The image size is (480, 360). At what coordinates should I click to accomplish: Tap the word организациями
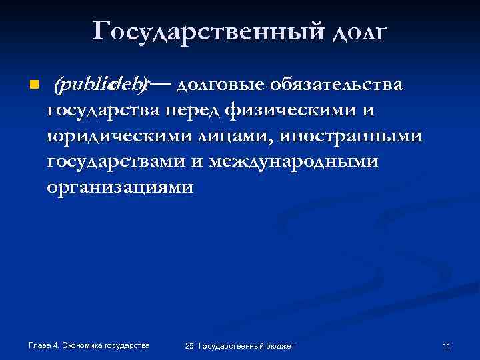pos(120,187)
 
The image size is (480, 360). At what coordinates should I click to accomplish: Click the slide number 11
pos(446,345)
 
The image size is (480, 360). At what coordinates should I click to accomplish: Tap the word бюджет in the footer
pos(279,346)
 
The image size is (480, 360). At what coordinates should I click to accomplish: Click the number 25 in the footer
pos(190,346)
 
